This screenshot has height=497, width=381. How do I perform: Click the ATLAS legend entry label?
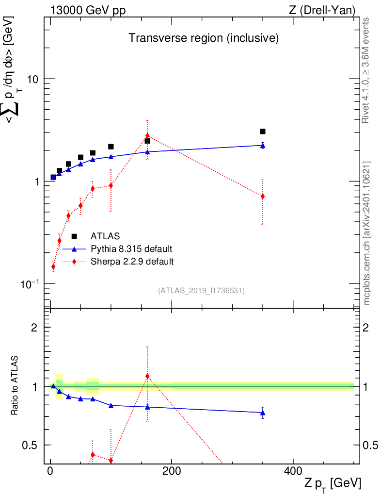click(x=105, y=236)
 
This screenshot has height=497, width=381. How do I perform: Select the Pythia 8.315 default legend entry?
click(x=131, y=249)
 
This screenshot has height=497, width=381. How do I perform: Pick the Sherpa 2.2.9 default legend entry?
click(x=132, y=262)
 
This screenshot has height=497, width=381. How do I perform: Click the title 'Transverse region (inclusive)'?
click(x=203, y=38)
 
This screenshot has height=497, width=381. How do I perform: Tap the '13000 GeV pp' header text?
click(x=88, y=10)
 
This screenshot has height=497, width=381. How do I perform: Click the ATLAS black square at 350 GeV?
click(x=263, y=132)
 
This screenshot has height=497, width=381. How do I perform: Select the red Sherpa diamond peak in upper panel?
click(x=147, y=135)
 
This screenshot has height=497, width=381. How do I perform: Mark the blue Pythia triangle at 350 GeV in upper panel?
click(x=263, y=145)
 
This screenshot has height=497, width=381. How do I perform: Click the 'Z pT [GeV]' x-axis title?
click(x=333, y=484)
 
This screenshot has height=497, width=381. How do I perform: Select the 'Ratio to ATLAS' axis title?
click(x=16, y=386)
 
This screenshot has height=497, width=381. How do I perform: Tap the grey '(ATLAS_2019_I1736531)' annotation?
click(x=201, y=291)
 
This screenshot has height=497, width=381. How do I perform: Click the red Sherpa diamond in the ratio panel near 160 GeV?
click(x=147, y=376)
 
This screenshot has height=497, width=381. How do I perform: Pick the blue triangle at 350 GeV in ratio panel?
click(x=263, y=413)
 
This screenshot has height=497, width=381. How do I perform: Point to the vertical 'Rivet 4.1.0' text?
click(x=366, y=70)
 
